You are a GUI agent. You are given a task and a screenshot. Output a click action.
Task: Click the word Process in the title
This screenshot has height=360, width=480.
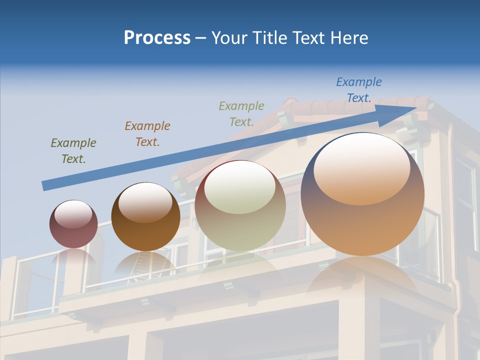tap(157, 38)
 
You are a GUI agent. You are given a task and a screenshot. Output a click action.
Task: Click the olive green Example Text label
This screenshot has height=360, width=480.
tap(73, 151)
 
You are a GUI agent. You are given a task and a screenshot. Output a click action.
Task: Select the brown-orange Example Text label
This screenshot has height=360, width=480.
tap(147, 134)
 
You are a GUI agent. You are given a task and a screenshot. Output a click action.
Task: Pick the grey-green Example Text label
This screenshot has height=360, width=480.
tap(241, 114)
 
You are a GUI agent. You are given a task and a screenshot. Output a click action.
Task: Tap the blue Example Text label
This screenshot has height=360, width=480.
tap(358, 90)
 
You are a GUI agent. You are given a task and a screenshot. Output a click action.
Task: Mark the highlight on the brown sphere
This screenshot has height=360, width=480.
tap(145, 201)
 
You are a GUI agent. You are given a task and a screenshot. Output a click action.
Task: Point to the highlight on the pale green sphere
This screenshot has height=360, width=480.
tap(239, 188)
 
